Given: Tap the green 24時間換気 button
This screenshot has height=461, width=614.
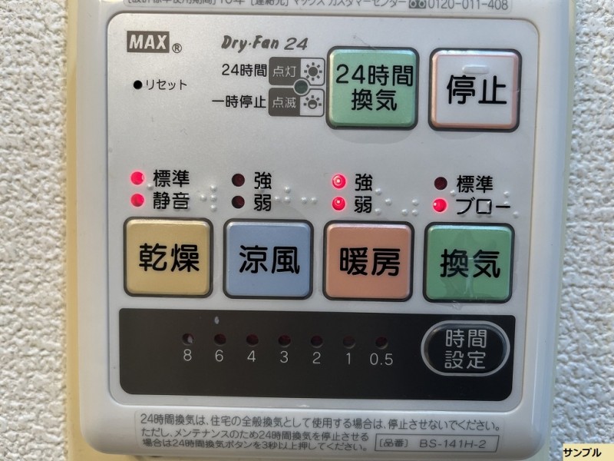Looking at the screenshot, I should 373,88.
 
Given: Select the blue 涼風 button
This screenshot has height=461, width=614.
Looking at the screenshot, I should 268,260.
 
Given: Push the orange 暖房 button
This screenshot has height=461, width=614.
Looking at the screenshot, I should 368,260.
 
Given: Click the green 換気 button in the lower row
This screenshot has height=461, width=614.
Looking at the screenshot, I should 469,262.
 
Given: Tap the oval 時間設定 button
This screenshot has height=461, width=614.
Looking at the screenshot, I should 465,349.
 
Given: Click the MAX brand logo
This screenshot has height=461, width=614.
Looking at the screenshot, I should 148,44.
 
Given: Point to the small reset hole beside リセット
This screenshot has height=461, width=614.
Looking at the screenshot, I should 137,85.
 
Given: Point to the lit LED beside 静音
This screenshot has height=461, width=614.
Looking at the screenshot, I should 137,201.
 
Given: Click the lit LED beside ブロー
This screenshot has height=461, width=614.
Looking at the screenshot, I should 440,206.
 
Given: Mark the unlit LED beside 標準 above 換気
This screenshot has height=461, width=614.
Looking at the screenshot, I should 440,184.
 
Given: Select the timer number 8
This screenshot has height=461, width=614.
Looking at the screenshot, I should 187,356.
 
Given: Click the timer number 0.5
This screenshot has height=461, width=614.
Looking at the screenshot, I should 381,357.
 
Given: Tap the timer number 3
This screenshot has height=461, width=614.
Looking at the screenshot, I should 284,357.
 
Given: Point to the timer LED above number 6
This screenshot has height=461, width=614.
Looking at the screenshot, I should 220,339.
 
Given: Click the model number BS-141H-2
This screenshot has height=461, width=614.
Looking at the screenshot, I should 454,443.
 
